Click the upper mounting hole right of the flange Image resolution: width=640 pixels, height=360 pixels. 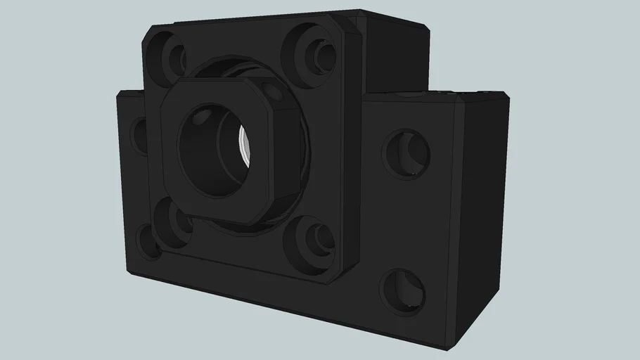coord(407,153)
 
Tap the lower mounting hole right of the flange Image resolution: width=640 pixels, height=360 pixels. coord(403,290)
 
